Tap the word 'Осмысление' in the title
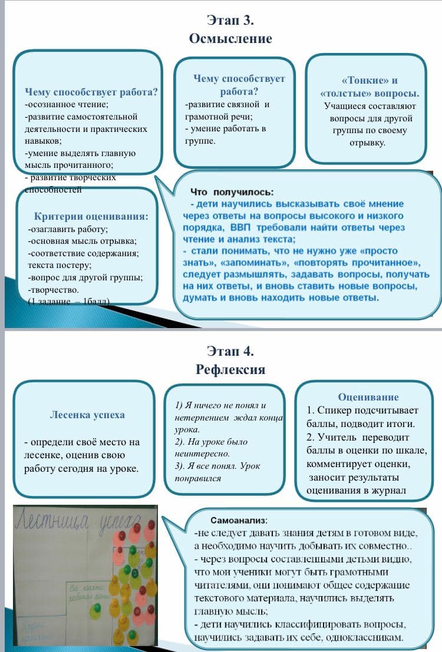(230, 39)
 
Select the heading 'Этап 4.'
(230, 352)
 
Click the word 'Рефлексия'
(230, 370)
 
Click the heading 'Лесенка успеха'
(88, 415)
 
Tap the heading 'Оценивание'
(368, 397)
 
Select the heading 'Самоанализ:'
(239, 521)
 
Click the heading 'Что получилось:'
(232, 192)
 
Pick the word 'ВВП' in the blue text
(241, 227)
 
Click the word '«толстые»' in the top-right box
(345, 94)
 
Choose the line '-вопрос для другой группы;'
(85, 277)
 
